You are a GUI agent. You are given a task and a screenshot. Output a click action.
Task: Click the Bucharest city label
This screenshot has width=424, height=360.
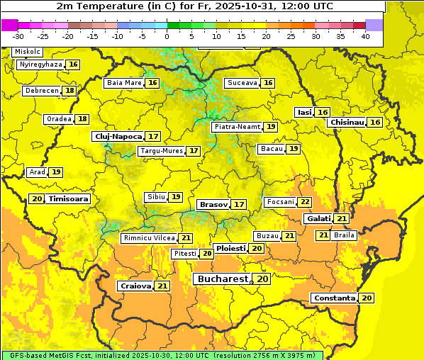(223, 279)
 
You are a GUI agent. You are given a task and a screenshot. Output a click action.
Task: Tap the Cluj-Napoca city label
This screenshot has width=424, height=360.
(118, 136)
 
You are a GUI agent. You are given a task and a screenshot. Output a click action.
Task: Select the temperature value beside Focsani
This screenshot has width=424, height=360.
(305, 202)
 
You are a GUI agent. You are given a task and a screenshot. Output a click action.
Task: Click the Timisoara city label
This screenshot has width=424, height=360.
(69, 199)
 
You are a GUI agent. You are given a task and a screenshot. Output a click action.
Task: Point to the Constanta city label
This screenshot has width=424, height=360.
(334, 298)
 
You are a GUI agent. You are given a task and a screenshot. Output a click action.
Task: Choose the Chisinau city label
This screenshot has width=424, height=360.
(347, 123)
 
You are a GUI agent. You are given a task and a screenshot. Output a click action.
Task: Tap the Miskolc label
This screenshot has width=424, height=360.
(28, 52)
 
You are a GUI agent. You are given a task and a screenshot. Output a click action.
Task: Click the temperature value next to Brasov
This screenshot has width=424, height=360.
(239, 204)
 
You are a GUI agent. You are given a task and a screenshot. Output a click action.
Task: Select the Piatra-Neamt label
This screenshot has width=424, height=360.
(237, 127)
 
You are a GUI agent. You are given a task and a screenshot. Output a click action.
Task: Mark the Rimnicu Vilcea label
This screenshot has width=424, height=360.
(148, 238)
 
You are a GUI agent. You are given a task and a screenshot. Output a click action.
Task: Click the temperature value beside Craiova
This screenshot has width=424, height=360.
(162, 286)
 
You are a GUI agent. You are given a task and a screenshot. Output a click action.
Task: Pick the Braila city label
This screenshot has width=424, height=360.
(344, 235)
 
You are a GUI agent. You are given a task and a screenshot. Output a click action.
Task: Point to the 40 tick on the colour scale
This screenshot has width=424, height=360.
(365, 36)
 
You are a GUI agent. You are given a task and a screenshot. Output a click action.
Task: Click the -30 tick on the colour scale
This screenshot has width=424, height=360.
(18, 36)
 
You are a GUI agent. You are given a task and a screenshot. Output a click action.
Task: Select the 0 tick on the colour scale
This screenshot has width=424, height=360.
(167, 36)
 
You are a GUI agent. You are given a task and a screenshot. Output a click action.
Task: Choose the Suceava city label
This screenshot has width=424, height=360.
(242, 83)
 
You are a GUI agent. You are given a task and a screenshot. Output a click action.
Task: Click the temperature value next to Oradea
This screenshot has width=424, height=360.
(82, 119)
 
